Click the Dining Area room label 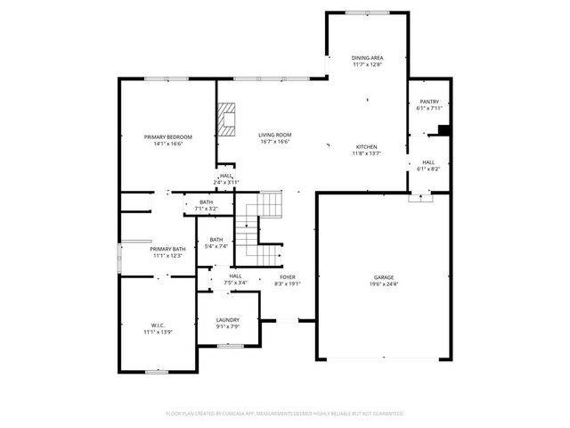click(x=367, y=57)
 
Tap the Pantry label click(x=428, y=102)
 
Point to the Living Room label click(x=275, y=135)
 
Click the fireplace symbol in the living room click(x=228, y=119)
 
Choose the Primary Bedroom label click(x=167, y=136)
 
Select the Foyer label click(x=287, y=276)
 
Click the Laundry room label click(x=227, y=319)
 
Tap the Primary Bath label click(x=167, y=249)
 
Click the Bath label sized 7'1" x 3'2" click(x=206, y=202)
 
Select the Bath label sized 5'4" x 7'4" click(x=216, y=239)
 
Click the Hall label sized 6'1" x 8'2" click(x=428, y=162)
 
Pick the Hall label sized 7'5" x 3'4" click(x=235, y=276)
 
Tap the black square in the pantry click(x=443, y=130)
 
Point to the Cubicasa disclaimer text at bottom click(x=285, y=413)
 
